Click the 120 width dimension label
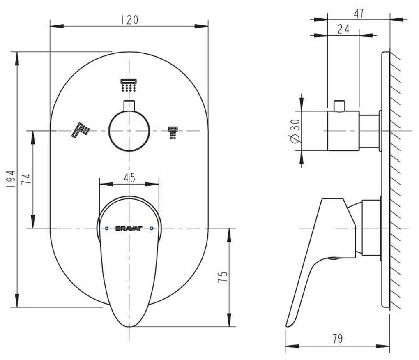click(129, 20)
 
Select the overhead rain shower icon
click(129, 85)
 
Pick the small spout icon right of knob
click(173, 133)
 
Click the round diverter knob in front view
click(129, 131)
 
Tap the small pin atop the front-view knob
click(129, 105)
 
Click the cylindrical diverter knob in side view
click(343, 131)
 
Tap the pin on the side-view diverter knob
click(339, 106)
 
